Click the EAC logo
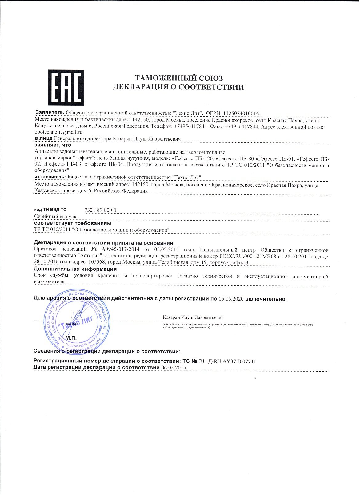66,87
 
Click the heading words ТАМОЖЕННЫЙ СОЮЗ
179,78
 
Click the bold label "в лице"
43,138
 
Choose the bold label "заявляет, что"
53,145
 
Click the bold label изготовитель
49,177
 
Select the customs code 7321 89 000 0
100,210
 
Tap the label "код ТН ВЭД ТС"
50,210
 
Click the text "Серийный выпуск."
56,217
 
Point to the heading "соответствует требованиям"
72,223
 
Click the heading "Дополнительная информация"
75,269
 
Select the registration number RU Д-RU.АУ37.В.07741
228,361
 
